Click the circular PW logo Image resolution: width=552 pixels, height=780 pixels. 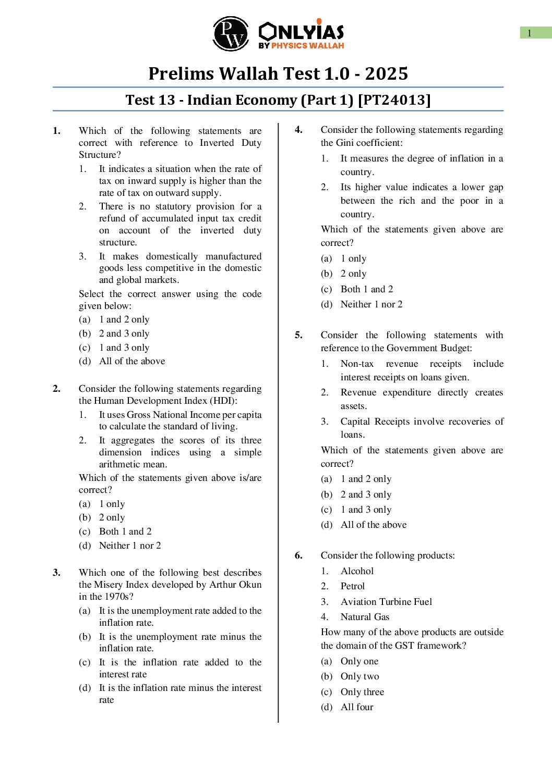(231, 33)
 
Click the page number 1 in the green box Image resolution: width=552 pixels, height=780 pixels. (530, 33)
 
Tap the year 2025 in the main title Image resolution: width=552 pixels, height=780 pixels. (386, 73)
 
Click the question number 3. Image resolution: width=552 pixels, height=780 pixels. (56, 573)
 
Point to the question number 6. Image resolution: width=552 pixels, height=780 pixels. (298, 555)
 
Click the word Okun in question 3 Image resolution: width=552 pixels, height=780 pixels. (250, 585)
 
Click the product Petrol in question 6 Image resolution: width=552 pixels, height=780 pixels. (353, 586)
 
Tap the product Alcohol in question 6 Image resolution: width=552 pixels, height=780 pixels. (357, 571)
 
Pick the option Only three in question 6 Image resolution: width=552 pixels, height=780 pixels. (362, 692)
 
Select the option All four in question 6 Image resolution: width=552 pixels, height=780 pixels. (357, 707)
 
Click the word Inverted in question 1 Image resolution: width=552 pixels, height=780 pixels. (217, 143)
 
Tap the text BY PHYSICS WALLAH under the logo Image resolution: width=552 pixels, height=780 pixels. (301, 46)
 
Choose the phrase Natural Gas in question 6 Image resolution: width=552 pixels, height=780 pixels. (365, 617)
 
